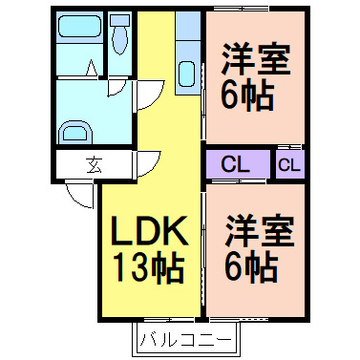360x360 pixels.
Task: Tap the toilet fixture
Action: coord(118,41)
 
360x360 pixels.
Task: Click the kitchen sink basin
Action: coord(187,75)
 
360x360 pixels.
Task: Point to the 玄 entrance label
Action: coord(95,163)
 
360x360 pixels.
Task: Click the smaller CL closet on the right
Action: coord(289,163)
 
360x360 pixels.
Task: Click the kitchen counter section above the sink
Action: coord(187,29)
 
